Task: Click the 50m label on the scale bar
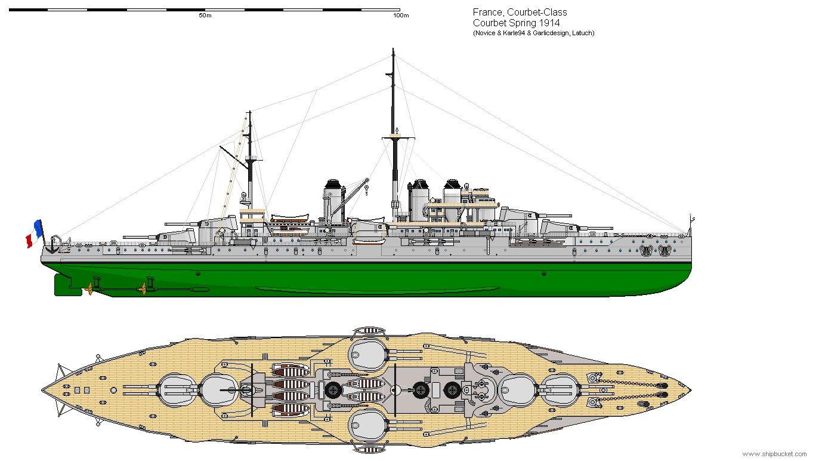[x=205, y=16]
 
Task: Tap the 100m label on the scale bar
[x=401, y=16]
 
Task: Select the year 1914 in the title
[x=547, y=23]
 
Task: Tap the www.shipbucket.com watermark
[x=774, y=454]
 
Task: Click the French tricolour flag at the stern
[x=34, y=233]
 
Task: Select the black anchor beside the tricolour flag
[x=52, y=244]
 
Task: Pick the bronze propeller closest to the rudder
[x=90, y=288]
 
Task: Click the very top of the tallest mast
[x=393, y=50]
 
